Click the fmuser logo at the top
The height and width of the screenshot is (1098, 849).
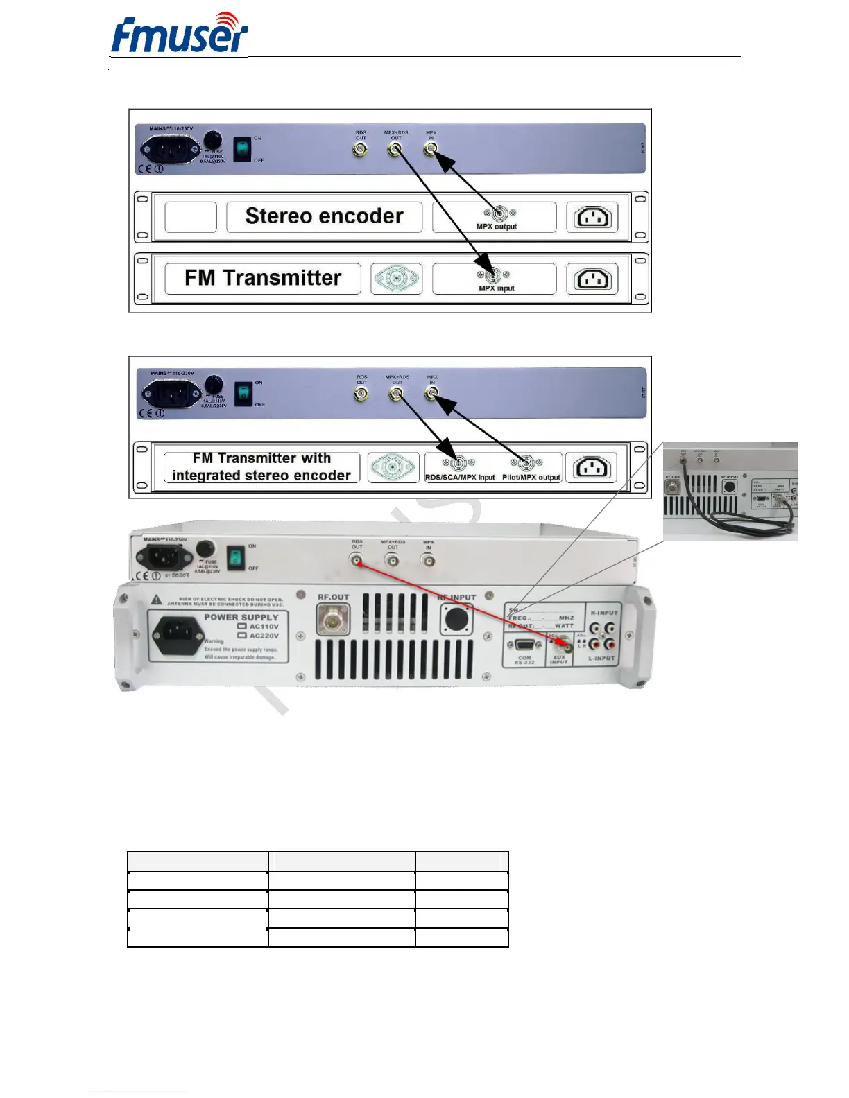(x=179, y=35)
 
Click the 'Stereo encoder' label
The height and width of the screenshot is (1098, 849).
(x=324, y=216)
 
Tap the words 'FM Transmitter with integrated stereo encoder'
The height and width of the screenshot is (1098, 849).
(x=261, y=467)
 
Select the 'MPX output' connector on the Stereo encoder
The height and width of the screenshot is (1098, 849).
(x=497, y=214)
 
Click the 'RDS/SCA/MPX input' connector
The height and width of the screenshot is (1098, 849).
(x=458, y=463)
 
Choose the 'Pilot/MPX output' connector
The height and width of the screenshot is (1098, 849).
(x=526, y=463)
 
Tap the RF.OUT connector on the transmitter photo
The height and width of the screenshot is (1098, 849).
(x=333, y=619)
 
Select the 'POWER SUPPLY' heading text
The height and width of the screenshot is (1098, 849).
(x=241, y=617)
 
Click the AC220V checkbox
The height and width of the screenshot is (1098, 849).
(x=242, y=636)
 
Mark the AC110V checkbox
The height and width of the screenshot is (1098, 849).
(x=242, y=626)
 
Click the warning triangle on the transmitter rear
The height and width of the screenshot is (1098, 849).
(x=157, y=600)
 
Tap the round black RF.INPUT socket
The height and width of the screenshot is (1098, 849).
(x=456, y=619)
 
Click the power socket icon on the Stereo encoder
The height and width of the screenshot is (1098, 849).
(x=592, y=218)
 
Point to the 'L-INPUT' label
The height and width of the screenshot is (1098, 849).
(x=601, y=658)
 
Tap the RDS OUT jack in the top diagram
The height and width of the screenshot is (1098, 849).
(x=360, y=149)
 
